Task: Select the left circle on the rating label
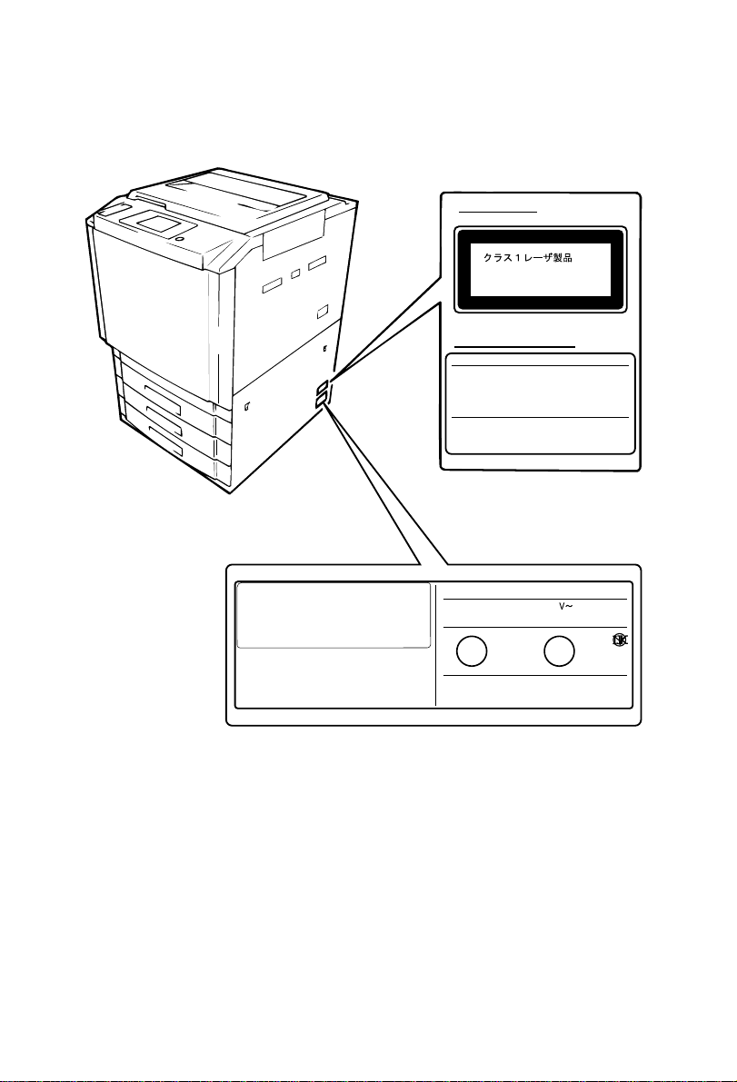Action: [470, 651]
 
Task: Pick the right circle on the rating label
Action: [559, 651]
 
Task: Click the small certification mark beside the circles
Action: [621, 641]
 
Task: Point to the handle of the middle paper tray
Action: [164, 425]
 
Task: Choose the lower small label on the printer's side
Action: [322, 400]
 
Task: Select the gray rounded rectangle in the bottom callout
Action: [333, 616]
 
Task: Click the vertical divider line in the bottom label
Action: [436, 644]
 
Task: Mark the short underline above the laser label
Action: [498, 210]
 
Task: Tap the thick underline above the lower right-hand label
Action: [514, 346]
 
